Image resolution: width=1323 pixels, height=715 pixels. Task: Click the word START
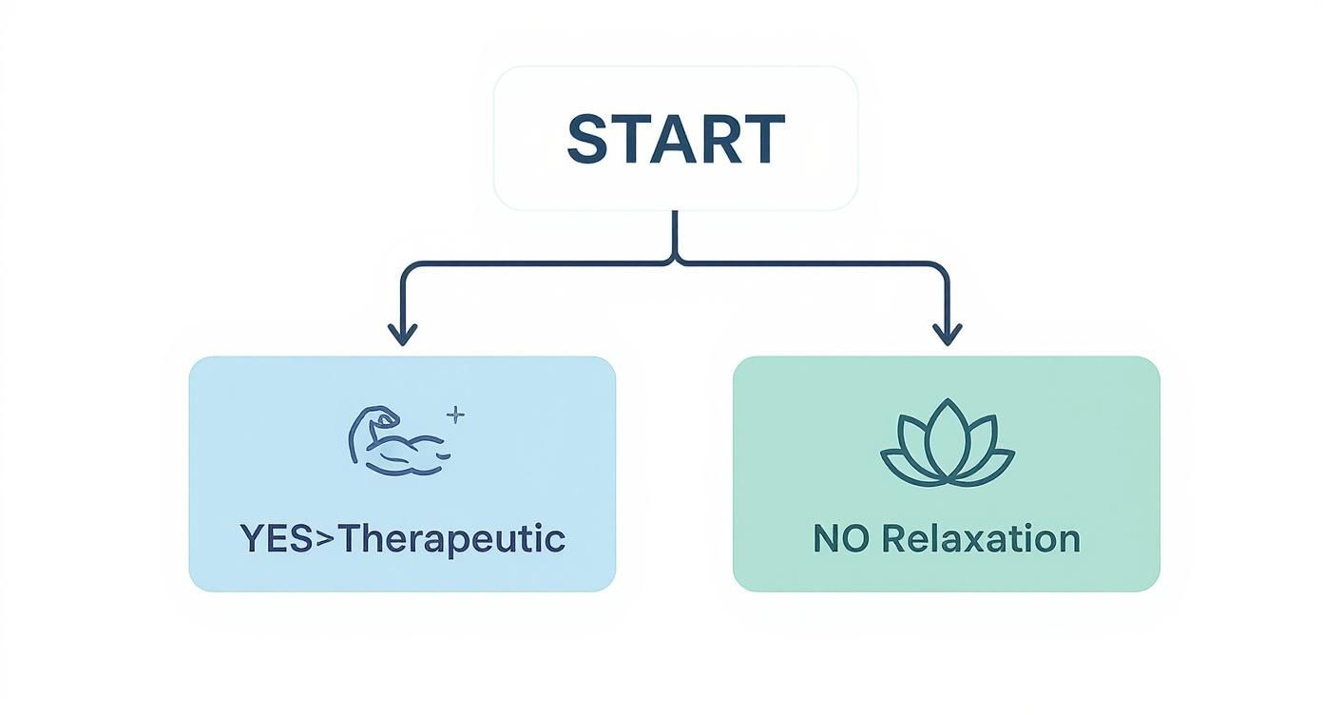676,140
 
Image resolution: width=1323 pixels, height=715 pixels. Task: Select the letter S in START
588,140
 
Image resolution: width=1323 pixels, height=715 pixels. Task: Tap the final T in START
765,140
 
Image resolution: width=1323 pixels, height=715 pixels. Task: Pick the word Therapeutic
452,539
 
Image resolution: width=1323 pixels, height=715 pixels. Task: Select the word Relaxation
981,539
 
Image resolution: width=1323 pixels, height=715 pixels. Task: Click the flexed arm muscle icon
398,441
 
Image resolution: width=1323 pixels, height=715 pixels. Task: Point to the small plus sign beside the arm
455,415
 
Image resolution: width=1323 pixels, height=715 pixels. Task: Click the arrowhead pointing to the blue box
403,334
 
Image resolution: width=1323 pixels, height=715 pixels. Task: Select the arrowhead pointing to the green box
947,334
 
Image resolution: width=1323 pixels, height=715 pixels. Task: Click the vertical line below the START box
675,233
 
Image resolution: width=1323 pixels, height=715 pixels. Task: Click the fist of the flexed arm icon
385,415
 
